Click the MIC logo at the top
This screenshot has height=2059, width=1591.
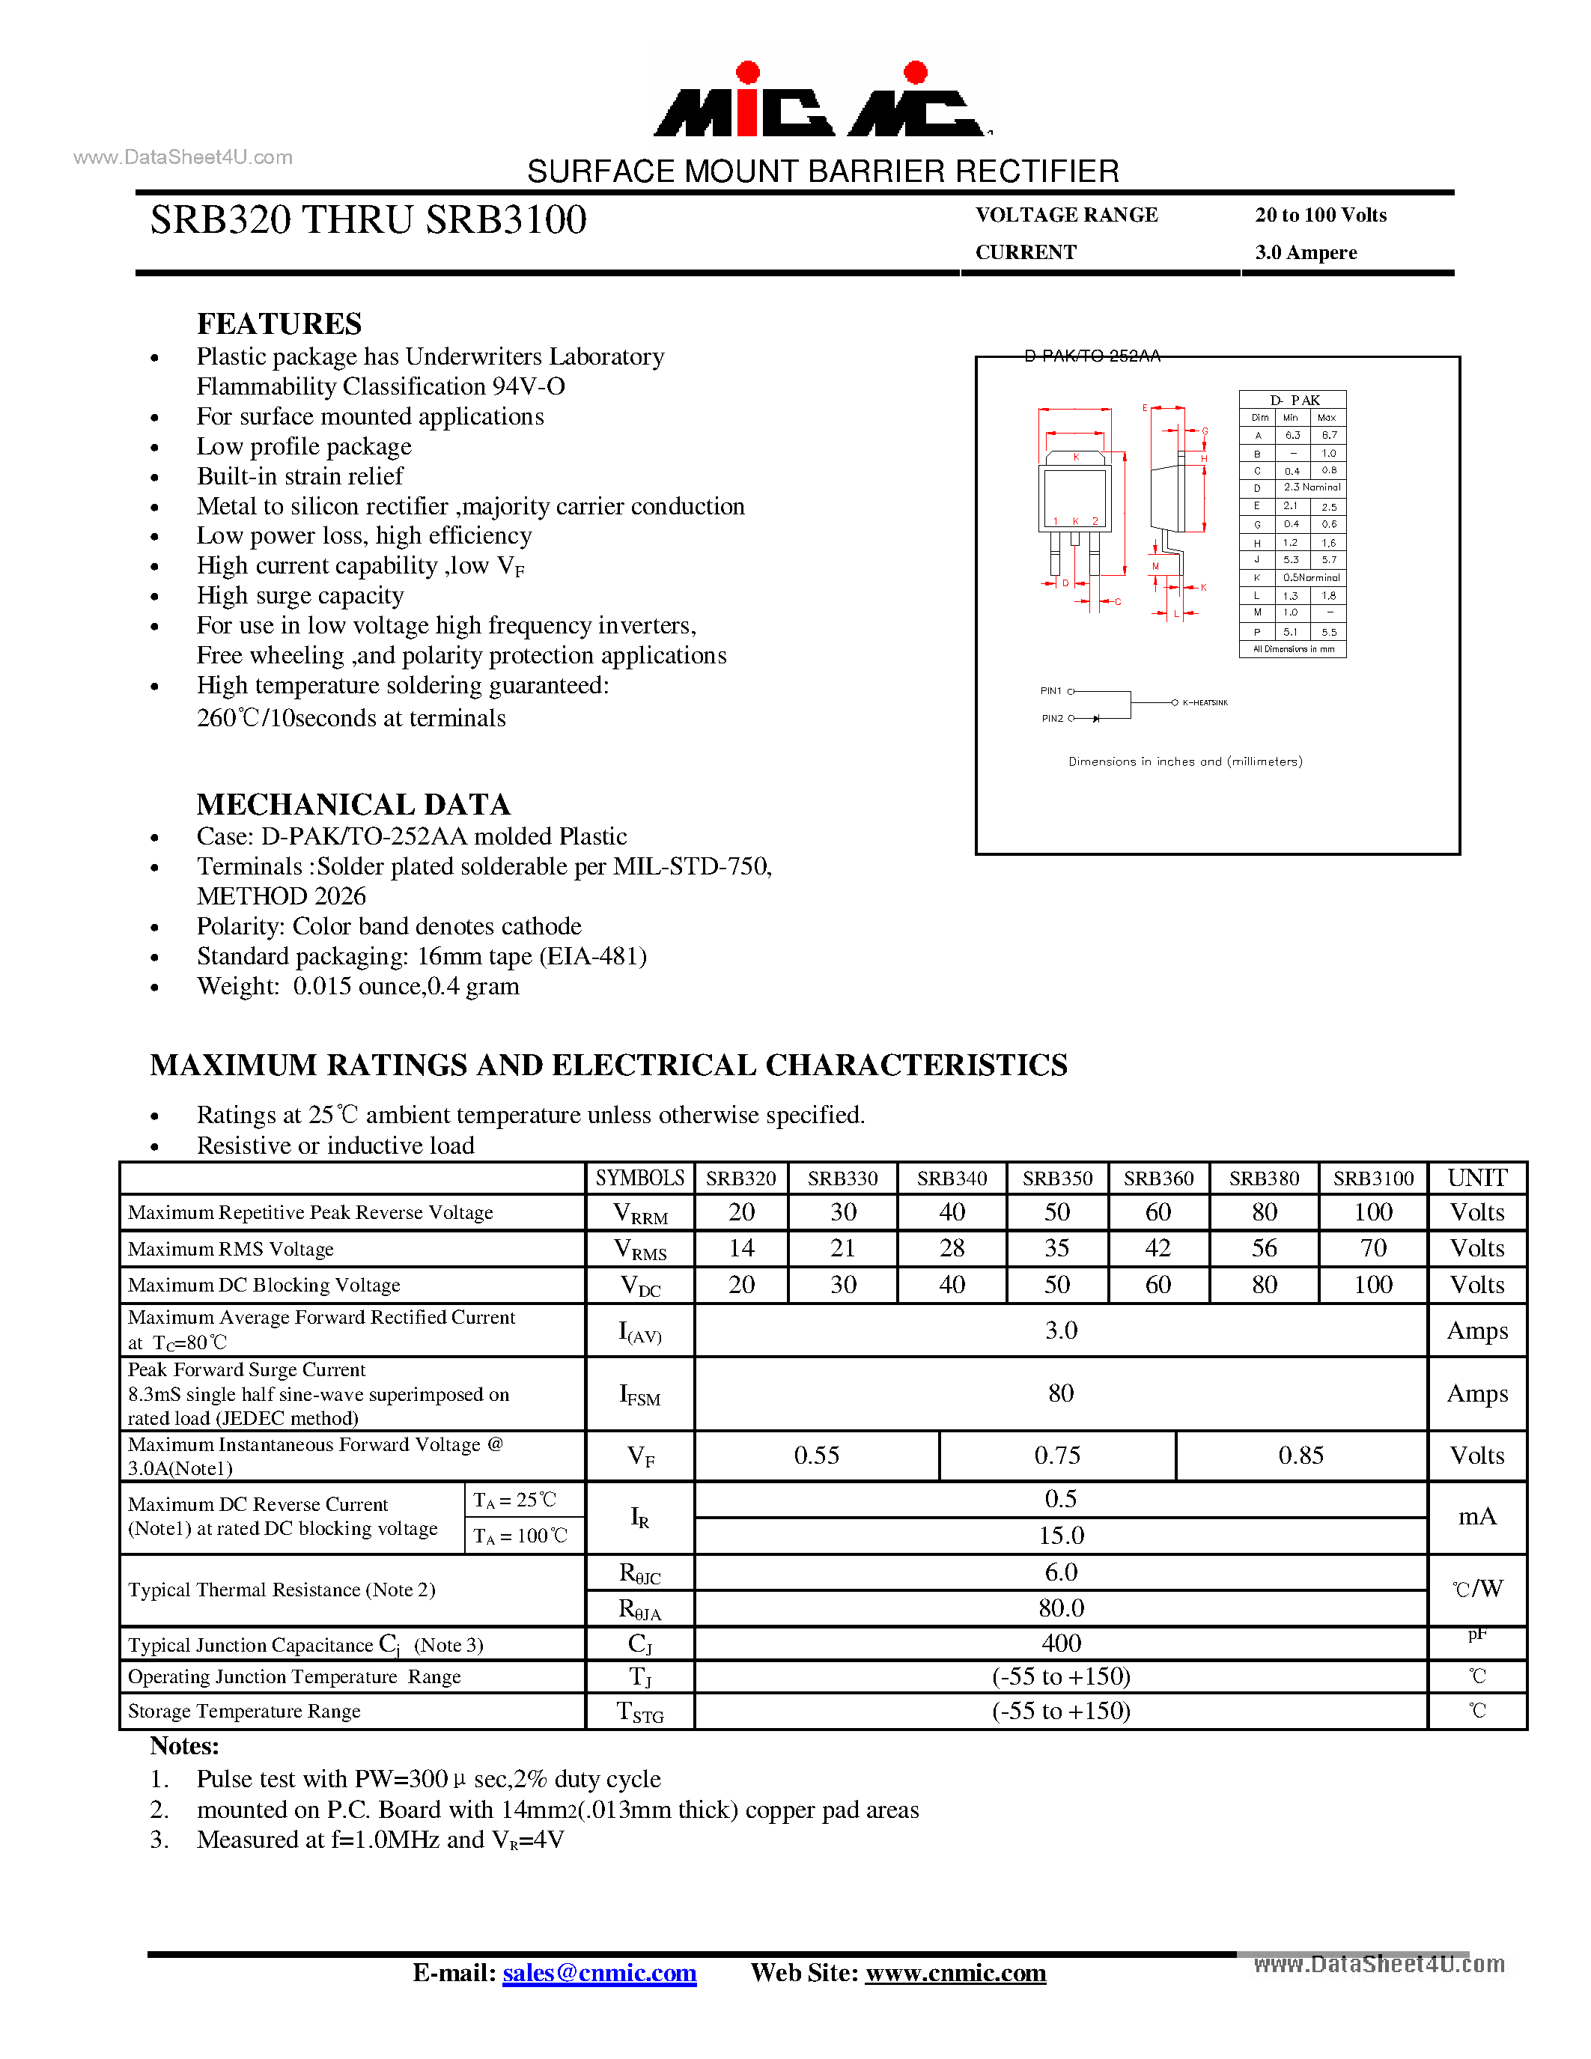tap(822, 102)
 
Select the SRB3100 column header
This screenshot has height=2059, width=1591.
tap(1372, 1178)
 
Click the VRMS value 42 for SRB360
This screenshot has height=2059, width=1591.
tap(1157, 1248)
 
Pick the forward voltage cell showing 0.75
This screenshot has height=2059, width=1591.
tap(1056, 1456)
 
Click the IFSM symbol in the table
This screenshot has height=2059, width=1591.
tap(639, 1394)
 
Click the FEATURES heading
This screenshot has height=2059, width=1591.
tap(279, 323)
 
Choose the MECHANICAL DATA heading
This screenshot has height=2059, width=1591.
tap(353, 804)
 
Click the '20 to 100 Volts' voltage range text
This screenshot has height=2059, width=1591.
tap(1321, 215)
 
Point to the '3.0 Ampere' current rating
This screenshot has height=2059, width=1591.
tap(1306, 252)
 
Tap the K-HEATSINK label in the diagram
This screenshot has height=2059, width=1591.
tap(1205, 702)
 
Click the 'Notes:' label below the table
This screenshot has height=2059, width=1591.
tap(185, 1746)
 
